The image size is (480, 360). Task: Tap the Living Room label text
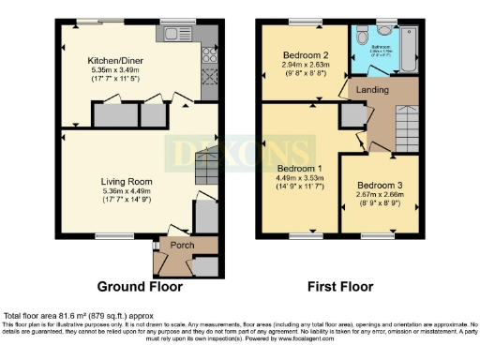(127, 182)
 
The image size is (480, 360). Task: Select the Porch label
(176, 247)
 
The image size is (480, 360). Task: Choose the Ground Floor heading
(134, 286)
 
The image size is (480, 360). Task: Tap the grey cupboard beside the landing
(352, 115)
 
